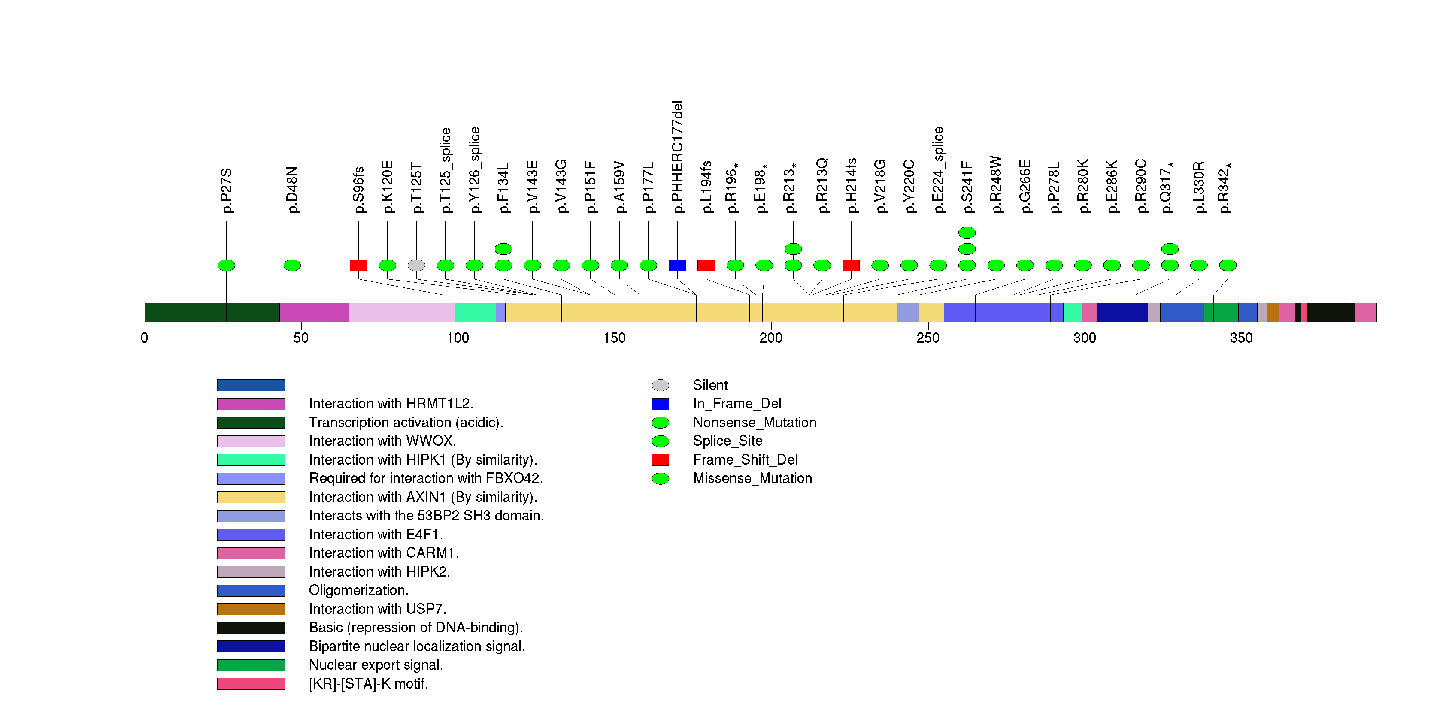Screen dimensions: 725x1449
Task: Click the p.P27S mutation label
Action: [227, 190]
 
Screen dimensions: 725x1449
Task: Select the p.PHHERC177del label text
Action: [677, 157]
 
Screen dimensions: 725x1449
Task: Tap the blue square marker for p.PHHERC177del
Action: [677, 265]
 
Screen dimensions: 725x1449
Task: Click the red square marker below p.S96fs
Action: [358, 265]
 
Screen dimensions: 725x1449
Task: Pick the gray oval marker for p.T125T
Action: [416, 265]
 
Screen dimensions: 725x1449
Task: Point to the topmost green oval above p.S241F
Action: [967, 233]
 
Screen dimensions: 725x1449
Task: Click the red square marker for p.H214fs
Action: [851, 265]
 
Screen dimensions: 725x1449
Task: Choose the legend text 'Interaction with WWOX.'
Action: [382, 441]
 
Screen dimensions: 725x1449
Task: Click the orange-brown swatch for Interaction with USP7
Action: [251, 609]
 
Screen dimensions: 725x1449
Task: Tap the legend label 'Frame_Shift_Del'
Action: [745, 460]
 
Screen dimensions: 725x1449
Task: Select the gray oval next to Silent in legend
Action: [661, 386]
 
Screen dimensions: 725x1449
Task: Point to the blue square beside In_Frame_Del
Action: [661, 404]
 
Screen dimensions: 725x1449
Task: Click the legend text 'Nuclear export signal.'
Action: [376, 665]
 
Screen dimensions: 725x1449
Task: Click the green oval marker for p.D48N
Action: [292, 265]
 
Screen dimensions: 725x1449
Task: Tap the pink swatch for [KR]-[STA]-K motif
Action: [251, 684]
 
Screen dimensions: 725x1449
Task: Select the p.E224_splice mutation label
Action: [938, 170]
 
